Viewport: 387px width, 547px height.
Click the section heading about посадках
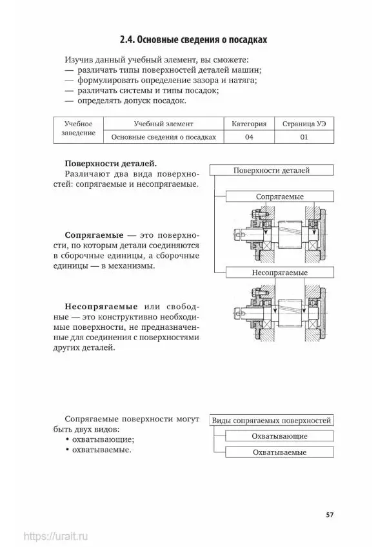point(193,40)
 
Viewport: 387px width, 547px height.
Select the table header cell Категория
point(244,123)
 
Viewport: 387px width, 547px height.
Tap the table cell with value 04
point(244,137)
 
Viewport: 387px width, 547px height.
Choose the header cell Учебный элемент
point(163,123)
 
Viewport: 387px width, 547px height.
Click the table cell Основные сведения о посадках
point(163,137)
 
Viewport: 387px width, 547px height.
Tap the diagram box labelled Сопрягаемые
point(279,196)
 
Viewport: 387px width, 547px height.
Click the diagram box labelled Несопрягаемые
point(279,273)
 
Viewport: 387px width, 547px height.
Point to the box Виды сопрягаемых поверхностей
point(272,420)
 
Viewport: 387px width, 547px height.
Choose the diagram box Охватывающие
point(279,436)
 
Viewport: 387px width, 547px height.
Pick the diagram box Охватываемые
point(279,453)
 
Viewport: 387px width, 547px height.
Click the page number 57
point(329,515)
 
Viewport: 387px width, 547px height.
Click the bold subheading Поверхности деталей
point(110,163)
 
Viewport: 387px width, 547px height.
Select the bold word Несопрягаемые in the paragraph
point(100,305)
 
